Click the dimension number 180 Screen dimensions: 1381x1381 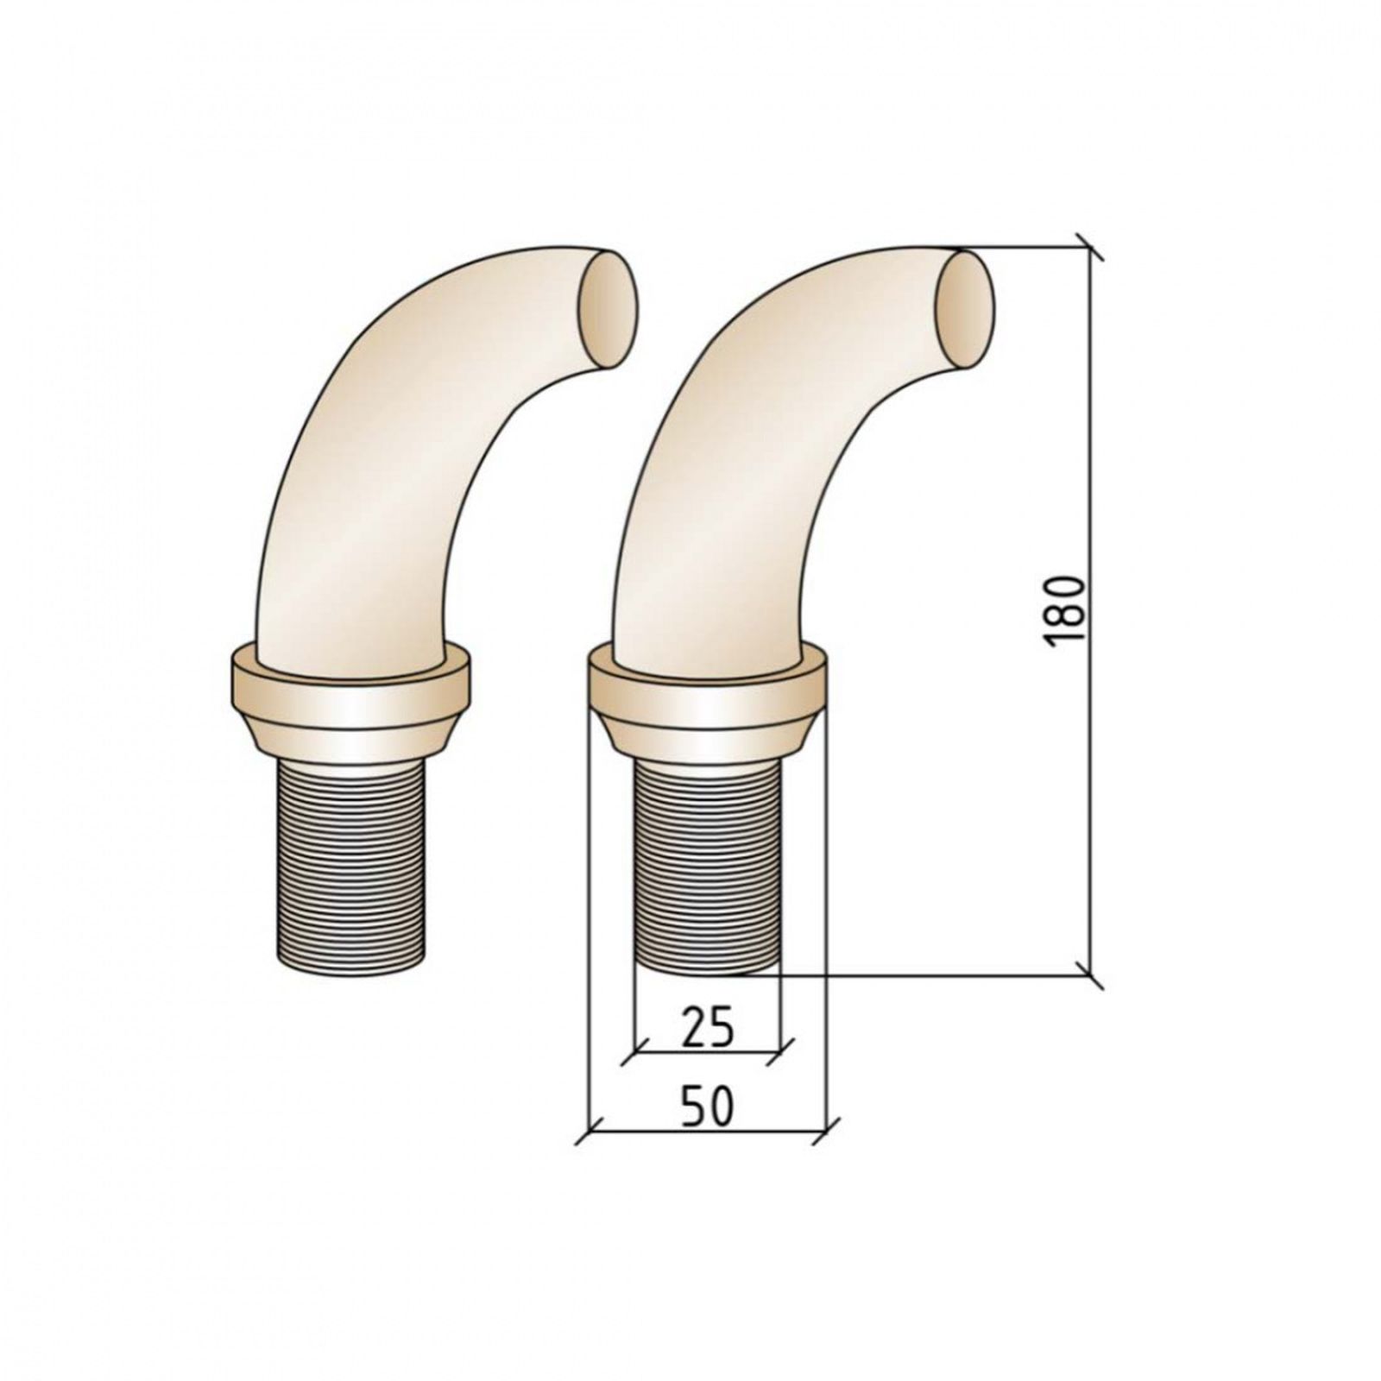click(1063, 610)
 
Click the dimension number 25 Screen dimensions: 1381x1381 click(706, 1027)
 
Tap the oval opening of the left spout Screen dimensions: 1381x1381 click(609, 310)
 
